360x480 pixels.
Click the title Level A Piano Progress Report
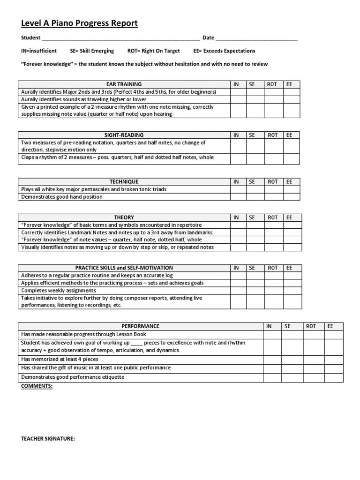(x=79, y=23)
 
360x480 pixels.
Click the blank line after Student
(x=121, y=38)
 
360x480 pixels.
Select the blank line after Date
(x=256, y=38)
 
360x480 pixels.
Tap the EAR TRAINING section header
(x=124, y=84)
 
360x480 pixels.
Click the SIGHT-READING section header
(x=124, y=135)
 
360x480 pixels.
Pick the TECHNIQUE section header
(x=124, y=182)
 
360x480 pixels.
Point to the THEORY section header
(x=124, y=217)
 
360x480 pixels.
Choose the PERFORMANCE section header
(x=140, y=326)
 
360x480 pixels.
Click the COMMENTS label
(x=37, y=386)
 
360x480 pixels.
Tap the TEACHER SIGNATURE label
(x=48, y=439)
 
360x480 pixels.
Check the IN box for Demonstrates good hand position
(x=238, y=197)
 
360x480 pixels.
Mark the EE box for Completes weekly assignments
(x=292, y=291)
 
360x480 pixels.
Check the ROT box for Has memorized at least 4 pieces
(x=313, y=359)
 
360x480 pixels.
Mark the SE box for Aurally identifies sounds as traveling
(x=255, y=99)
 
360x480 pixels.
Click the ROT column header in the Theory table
(x=272, y=217)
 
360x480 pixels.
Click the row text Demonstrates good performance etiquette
(x=73, y=377)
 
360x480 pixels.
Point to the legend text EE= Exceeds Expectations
(x=224, y=51)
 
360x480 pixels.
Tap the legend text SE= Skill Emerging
(x=92, y=51)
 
